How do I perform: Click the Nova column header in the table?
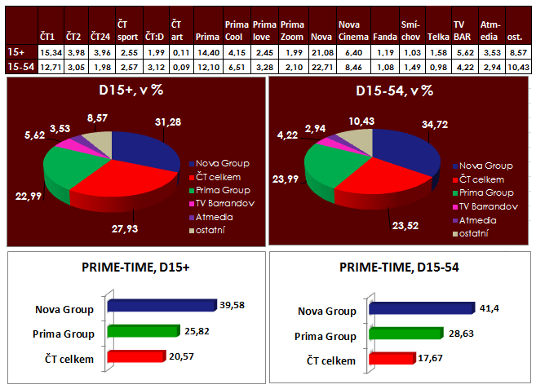pos(321,38)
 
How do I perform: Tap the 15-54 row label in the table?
pos(17,66)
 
